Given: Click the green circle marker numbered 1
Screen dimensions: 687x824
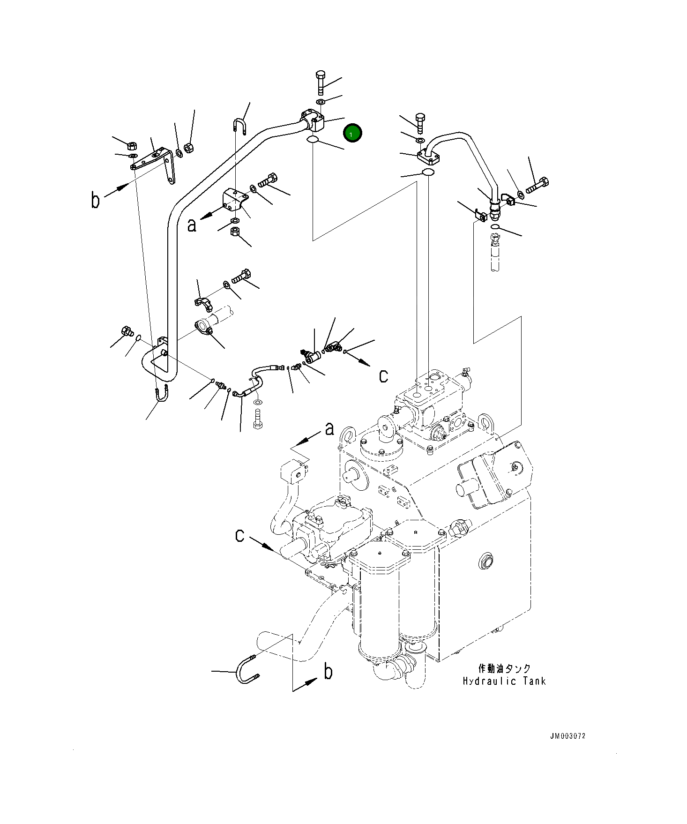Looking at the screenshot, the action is pyautogui.click(x=352, y=134).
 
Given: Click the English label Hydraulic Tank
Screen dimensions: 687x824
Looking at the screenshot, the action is pyautogui.click(x=504, y=681).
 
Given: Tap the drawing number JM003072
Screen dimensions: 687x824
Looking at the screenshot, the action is pyautogui.click(x=568, y=736).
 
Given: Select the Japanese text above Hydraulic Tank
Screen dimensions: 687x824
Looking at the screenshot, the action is pyautogui.click(x=504, y=668).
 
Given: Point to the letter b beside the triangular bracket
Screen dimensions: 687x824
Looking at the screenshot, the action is pyautogui.click(x=96, y=200).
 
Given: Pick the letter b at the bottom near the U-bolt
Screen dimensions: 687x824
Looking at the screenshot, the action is pyautogui.click(x=329, y=672).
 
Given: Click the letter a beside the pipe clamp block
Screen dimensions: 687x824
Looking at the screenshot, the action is pyautogui.click(x=192, y=225).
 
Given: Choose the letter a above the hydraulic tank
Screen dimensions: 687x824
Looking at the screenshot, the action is pyautogui.click(x=330, y=428).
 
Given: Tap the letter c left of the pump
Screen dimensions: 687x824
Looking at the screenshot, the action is pyautogui.click(x=239, y=535).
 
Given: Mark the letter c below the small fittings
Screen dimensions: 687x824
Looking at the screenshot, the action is pyautogui.click(x=383, y=375).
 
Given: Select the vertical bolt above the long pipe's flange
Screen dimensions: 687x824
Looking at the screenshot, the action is pyautogui.click(x=321, y=83).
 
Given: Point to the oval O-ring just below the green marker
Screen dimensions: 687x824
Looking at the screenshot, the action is pyautogui.click(x=313, y=139).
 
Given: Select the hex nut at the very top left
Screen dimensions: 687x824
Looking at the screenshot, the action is pyautogui.click(x=132, y=145).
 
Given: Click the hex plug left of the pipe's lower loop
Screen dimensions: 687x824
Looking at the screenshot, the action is pyautogui.click(x=126, y=331).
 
